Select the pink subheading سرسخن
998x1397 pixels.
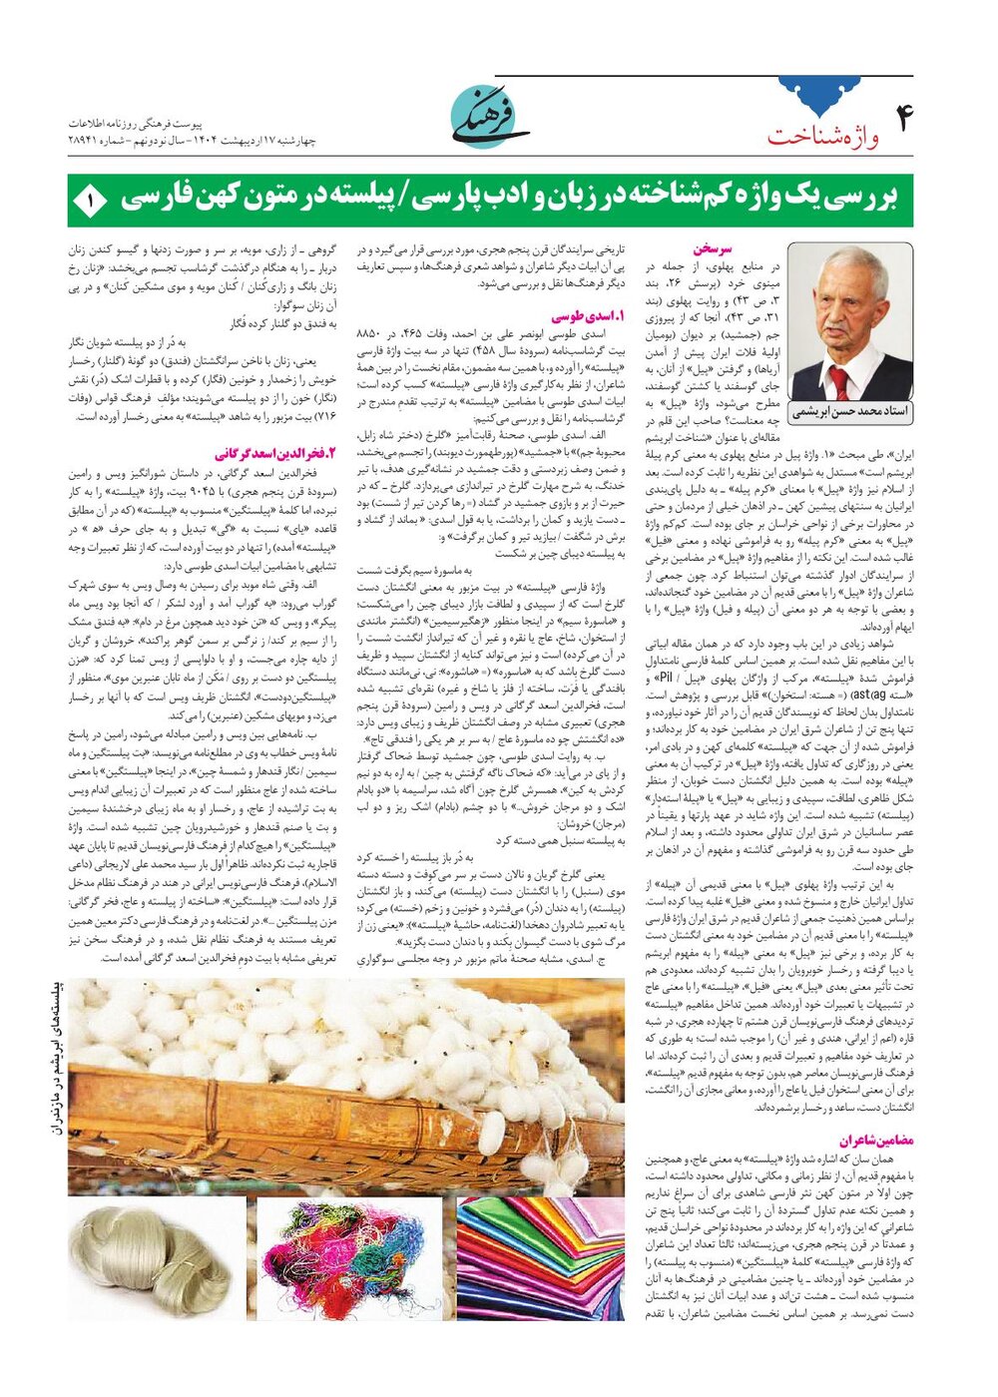[713, 248]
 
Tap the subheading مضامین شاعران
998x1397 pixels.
[875, 1140]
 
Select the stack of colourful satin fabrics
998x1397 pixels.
[540, 1259]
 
